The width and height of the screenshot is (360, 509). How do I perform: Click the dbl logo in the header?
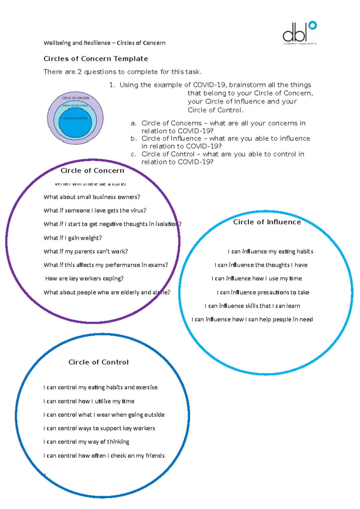click(x=299, y=33)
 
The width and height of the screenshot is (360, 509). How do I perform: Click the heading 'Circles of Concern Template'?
click(x=96, y=59)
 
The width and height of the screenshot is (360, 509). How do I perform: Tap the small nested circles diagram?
click(x=75, y=118)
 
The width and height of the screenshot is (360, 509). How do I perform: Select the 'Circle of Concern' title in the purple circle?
click(x=92, y=171)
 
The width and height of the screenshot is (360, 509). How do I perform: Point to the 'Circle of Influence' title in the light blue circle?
click(x=267, y=222)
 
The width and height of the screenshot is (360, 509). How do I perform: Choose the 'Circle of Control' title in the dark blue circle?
click(x=98, y=362)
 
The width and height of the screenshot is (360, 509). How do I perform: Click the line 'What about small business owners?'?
click(x=92, y=197)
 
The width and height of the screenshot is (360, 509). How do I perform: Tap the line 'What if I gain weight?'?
click(x=73, y=238)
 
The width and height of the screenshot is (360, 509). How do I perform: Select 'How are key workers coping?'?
click(x=84, y=278)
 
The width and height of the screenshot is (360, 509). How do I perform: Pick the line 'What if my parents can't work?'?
click(x=86, y=252)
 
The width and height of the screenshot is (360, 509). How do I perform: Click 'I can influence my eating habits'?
click(x=270, y=252)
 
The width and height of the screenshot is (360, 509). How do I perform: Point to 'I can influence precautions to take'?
click(x=263, y=292)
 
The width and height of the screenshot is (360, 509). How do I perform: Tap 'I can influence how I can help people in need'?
click(x=252, y=320)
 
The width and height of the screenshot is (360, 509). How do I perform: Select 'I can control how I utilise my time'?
click(x=89, y=401)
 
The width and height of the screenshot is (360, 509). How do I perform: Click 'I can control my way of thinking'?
click(x=86, y=442)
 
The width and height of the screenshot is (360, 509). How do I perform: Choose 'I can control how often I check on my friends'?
click(x=104, y=456)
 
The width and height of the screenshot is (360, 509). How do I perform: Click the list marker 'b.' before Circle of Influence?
click(x=134, y=139)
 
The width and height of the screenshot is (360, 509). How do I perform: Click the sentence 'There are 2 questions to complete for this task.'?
click(x=122, y=72)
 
